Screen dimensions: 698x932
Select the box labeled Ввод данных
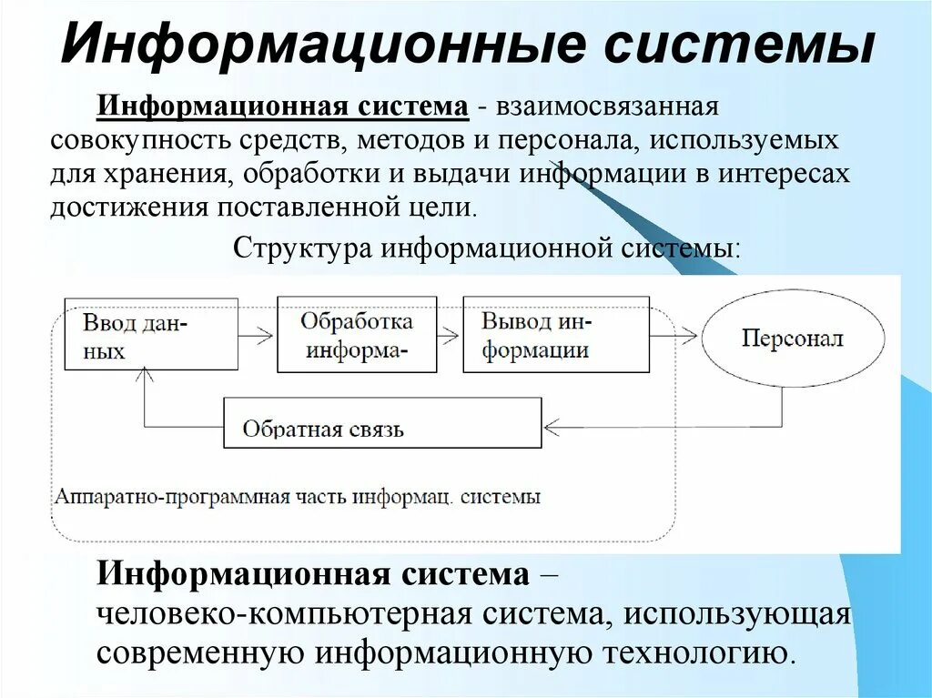151,334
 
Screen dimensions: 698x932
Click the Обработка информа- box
356,334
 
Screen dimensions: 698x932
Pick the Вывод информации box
555,334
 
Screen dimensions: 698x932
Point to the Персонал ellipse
791,339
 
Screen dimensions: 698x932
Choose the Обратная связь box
382,423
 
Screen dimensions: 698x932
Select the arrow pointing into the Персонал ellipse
684,335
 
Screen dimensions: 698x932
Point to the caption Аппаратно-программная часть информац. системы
298,498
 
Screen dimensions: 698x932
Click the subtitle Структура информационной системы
488,248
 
